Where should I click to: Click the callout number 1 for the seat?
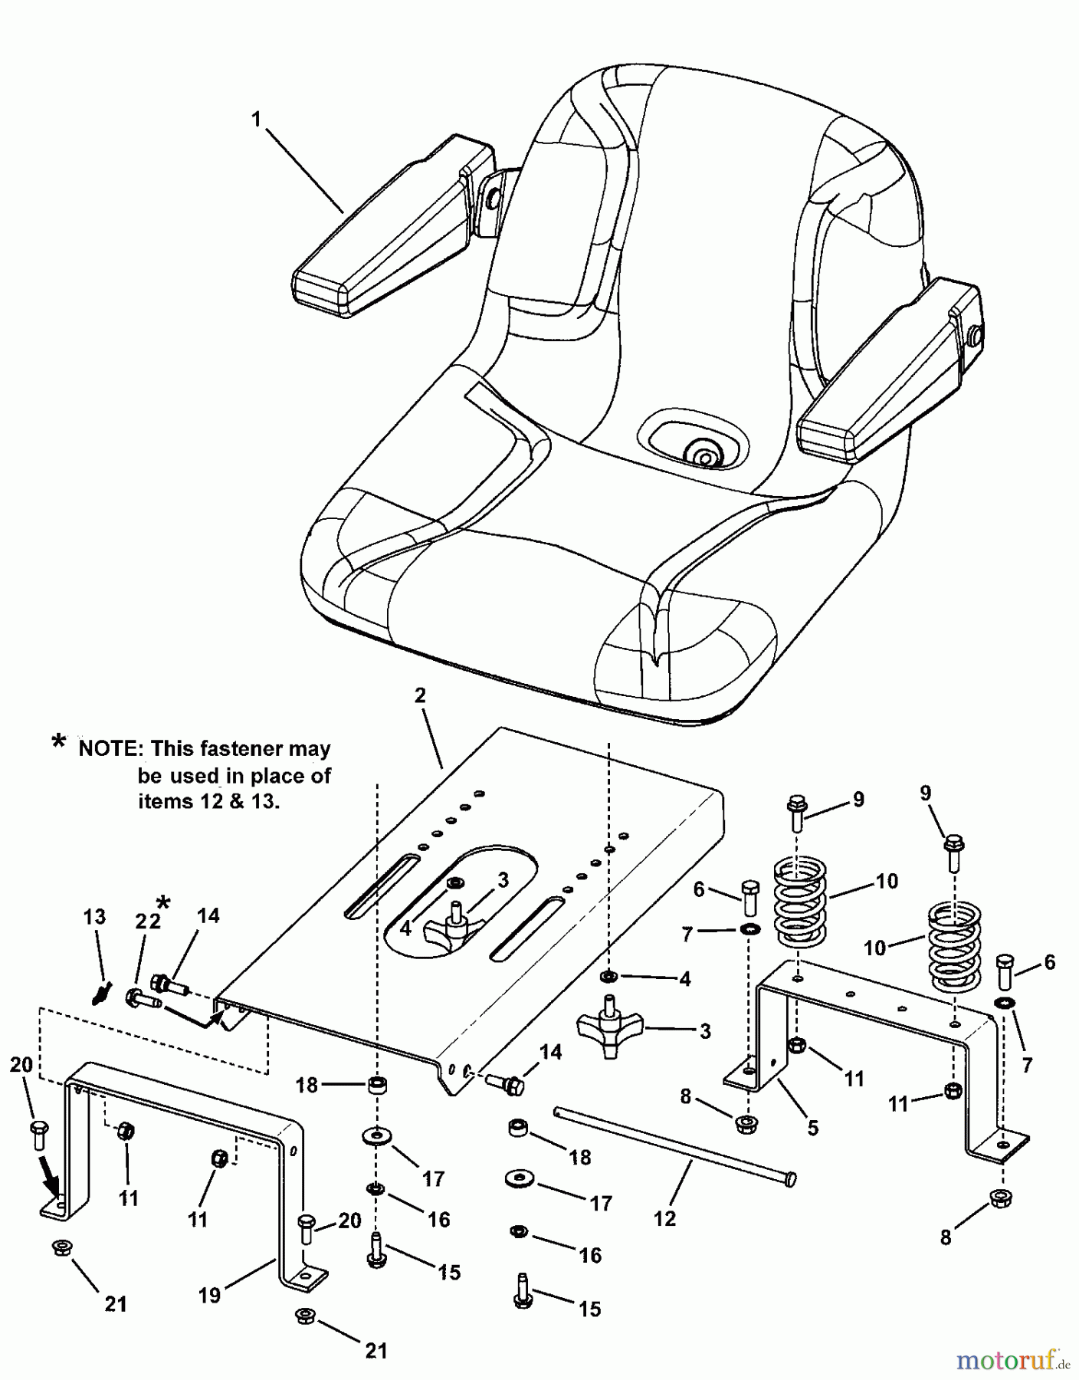click(x=256, y=119)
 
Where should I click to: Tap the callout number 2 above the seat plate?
click(x=420, y=695)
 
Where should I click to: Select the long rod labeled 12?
click(x=674, y=1145)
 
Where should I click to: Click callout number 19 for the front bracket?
click(x=209, y=1295)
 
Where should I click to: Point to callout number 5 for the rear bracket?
click(x=813, y=1128)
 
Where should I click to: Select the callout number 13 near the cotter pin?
click(x=94, y=917)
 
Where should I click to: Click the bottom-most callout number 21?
click(x=376, y=1351)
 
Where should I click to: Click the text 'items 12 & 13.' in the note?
click(x=208, y=801)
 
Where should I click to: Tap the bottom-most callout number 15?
click(x=589, y=1309)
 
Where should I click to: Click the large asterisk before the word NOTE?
click(x=59, y=742)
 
